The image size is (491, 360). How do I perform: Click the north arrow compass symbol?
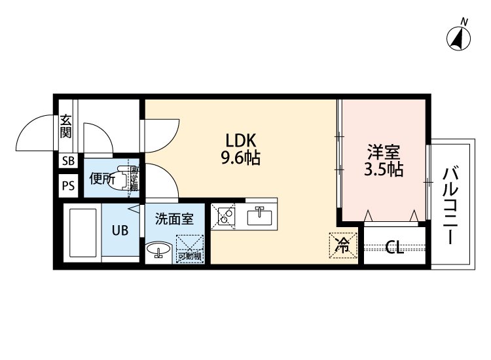pos(462,37)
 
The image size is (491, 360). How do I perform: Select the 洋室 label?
pos(383,152)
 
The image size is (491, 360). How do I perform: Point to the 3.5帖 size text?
pos(383,170)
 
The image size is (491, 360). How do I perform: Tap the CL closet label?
pos(393,247)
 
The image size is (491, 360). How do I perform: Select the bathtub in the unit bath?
pos(82,234)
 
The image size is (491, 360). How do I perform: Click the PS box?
pos(68,185)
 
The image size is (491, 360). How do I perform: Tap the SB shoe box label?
pos(68,161)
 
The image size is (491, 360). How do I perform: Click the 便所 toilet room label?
pos(102,178)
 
